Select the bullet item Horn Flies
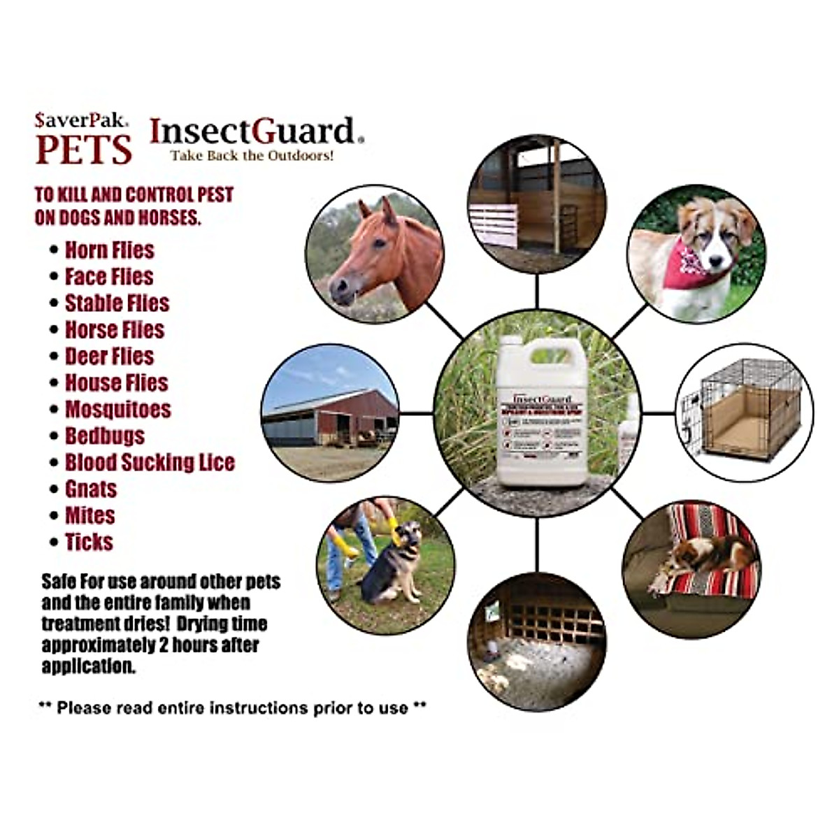pyautogui.click(x=110, y=250)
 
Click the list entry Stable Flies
pyautogui.click(x=117, y=303)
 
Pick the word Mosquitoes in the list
pyautogui.click(x=118, y=410)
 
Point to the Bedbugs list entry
pyautogui.click(x=105, y=436)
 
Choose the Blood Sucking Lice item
pyautogui.click(x=150, y=463)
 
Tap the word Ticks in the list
pyautogui.click(x=89, y=542)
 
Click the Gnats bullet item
pyautogui.click(x=91, y=489)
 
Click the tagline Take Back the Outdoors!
pyautogui.click(x=252, y=155)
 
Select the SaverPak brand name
pyautogui.click(x=81, y=120)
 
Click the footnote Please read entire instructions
pyautogui.click(x=231, y=708)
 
